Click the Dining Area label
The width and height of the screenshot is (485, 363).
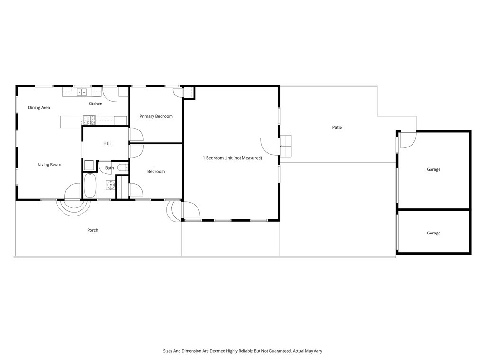39,108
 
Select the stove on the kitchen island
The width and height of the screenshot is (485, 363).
89,120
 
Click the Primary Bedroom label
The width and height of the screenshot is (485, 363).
156,116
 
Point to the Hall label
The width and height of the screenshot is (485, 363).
107,143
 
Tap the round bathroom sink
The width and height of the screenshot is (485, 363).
110,185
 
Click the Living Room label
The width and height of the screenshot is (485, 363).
50,164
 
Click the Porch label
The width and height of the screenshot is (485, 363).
93,230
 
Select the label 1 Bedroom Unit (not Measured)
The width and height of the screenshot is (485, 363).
232,158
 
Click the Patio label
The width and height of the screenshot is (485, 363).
337,127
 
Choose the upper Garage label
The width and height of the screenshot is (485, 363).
433,169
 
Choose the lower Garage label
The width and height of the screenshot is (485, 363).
433,233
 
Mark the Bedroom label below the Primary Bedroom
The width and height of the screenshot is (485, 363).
156,172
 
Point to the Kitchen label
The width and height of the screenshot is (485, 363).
95,104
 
